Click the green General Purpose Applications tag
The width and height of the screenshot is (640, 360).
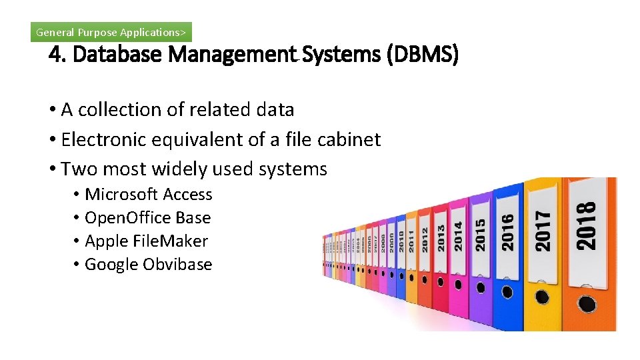point(111,32)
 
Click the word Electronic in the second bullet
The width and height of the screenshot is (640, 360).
point(103,139)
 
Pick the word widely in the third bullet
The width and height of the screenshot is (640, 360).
point(181,169)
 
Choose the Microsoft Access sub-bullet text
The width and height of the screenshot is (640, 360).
point(149,195)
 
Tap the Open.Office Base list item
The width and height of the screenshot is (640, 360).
point(148,218)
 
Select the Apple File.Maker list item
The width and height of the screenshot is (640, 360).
point(147,241)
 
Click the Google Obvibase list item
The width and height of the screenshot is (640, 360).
point(149,265)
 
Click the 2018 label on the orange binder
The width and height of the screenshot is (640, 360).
point(586,227)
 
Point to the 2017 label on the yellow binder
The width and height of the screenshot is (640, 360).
point(544,231)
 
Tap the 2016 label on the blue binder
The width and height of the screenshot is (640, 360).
point(508,232)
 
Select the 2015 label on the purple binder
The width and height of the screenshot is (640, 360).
point(480,235)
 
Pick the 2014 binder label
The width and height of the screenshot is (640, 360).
point(458,237)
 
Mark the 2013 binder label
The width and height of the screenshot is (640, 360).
point(441,238)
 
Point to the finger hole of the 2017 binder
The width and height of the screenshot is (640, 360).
point(543,297)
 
